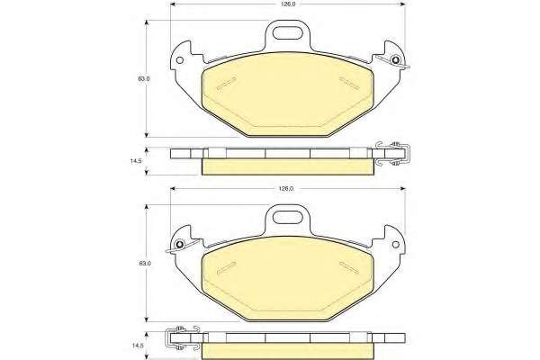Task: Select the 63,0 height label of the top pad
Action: (x=144, y=78)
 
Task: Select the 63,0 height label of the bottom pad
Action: (x=145, y=264)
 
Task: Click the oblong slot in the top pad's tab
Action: (x=286, y=34)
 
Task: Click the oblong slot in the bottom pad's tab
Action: (x=286, y=218)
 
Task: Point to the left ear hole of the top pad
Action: (x=179, y=60)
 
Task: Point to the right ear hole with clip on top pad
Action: (x=396, y=60)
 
